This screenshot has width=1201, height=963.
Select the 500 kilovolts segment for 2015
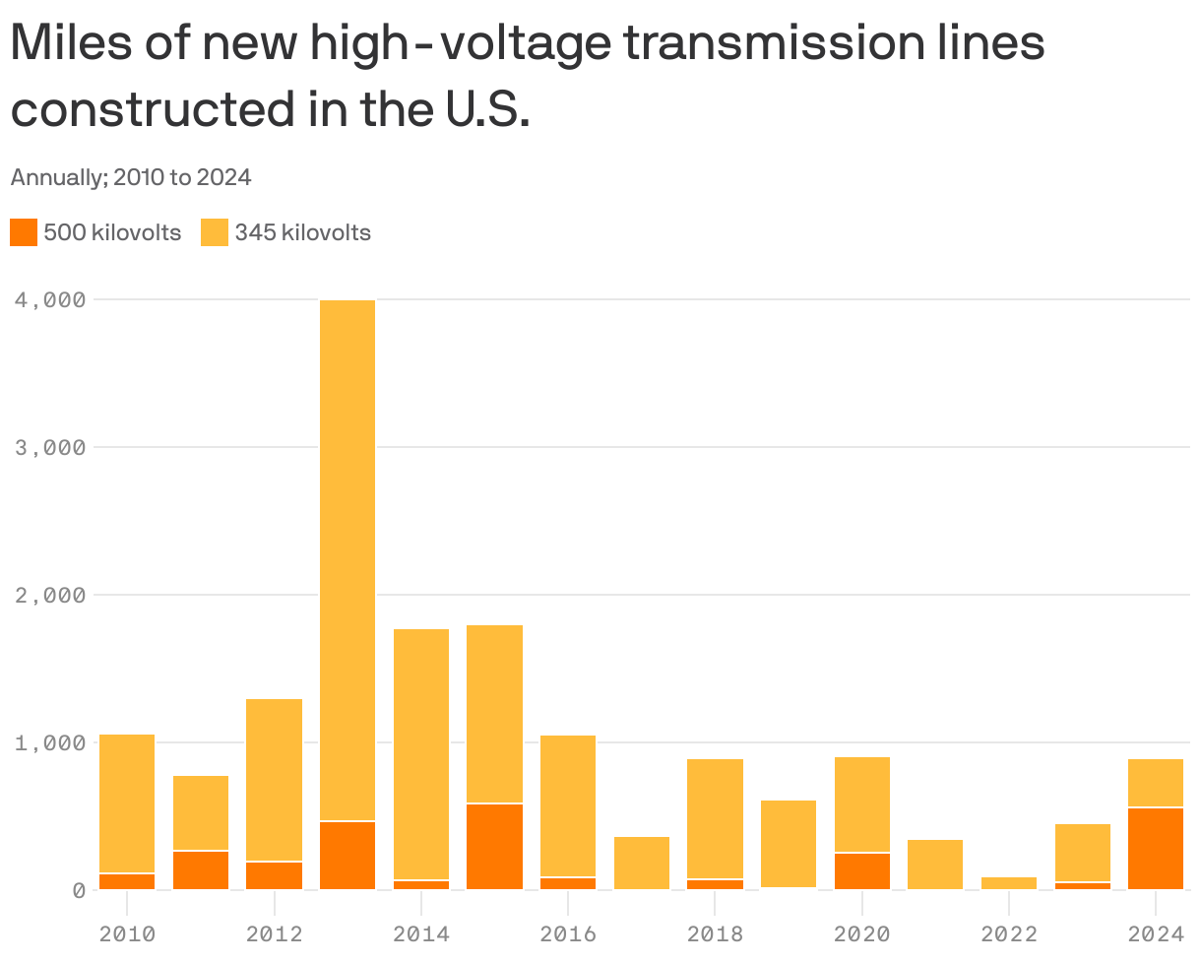[494, 847]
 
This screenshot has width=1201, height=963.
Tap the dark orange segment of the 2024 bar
[1156, 848]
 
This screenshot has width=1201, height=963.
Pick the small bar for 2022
[1009, 883]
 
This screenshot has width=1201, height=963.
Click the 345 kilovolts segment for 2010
[127, 802]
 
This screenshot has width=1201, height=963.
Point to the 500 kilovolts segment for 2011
[201, 870]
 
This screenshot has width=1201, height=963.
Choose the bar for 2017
[642, 863]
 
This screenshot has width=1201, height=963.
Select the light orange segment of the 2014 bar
[421, 753]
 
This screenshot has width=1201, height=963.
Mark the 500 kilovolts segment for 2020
[862, 871]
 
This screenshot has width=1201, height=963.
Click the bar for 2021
[935, 865]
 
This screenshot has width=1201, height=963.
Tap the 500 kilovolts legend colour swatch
[24, 233]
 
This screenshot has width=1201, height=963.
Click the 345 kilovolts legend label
[302, 233]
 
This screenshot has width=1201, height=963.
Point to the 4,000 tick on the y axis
[49, 299]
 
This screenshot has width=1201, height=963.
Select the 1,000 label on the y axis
[49, 742]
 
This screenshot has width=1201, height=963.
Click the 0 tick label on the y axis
[79, 890]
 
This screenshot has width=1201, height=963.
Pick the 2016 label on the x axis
[568, 933]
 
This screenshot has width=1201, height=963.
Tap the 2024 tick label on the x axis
[1156, 933]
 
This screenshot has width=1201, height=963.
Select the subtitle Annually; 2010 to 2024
[131, 178]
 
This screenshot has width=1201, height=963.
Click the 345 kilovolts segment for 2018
[715, 817]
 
